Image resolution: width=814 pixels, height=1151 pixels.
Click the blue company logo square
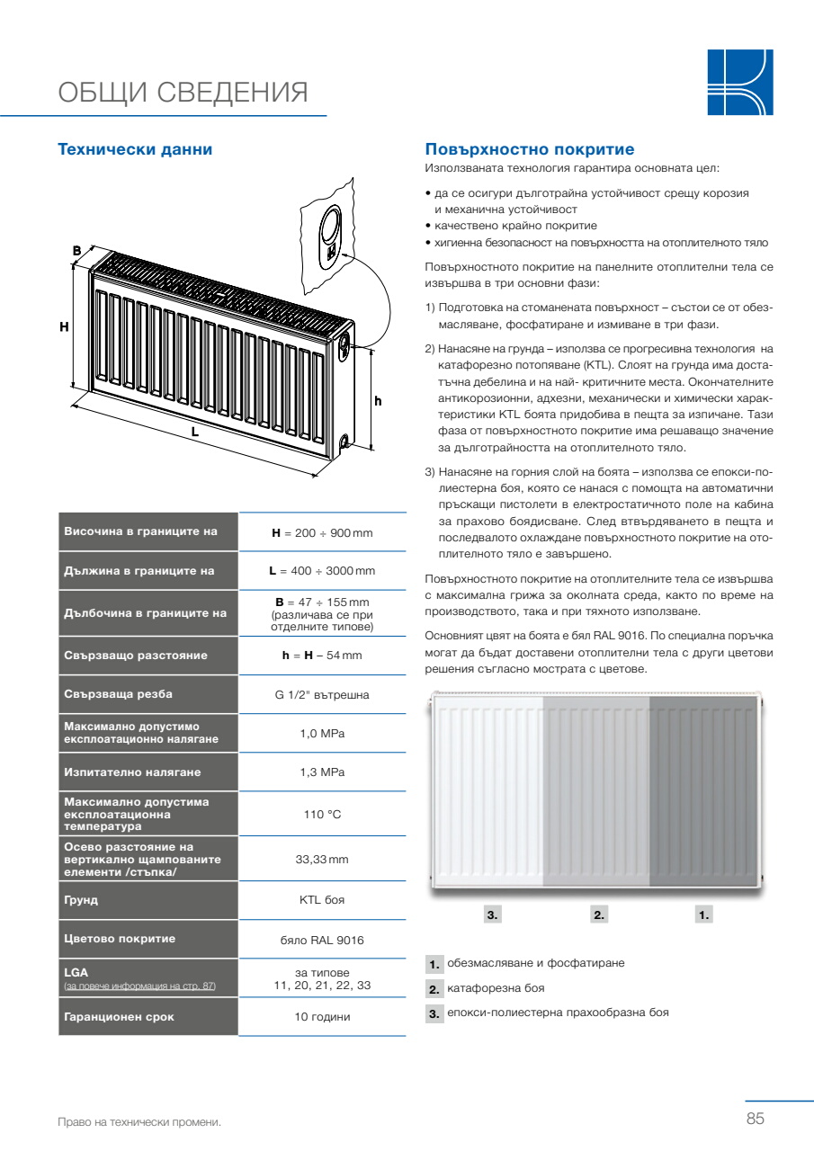739,83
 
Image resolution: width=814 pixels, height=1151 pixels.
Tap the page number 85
755,1119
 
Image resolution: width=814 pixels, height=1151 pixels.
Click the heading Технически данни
135,149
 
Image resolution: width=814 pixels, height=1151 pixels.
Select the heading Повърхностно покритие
529,149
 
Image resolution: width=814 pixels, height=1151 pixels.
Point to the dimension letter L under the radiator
194,432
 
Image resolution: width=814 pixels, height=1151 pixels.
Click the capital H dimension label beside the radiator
64,327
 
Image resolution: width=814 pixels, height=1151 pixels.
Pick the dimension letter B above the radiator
76,250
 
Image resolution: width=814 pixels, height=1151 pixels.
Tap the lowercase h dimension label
378,401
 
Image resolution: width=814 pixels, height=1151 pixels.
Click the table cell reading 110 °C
322,815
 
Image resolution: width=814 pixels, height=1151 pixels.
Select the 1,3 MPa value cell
322,772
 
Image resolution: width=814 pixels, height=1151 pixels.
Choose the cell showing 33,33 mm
322,860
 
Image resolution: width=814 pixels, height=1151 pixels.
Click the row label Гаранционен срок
119,1017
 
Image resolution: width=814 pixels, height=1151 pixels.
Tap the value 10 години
322,1017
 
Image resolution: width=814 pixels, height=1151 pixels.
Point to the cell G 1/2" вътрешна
322,694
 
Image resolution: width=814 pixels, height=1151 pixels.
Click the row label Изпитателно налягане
132,772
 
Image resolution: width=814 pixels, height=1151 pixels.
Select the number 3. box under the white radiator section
492,915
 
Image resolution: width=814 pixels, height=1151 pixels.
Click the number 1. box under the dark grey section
703,915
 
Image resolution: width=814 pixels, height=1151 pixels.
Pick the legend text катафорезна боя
496,988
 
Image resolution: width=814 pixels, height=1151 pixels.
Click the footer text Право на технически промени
139,1122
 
